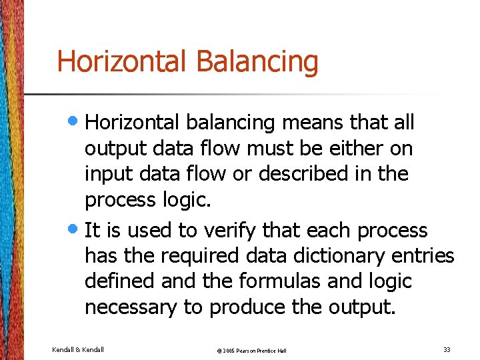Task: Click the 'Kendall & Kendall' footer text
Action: coord(77,349)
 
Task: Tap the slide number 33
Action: coord(447,349)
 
